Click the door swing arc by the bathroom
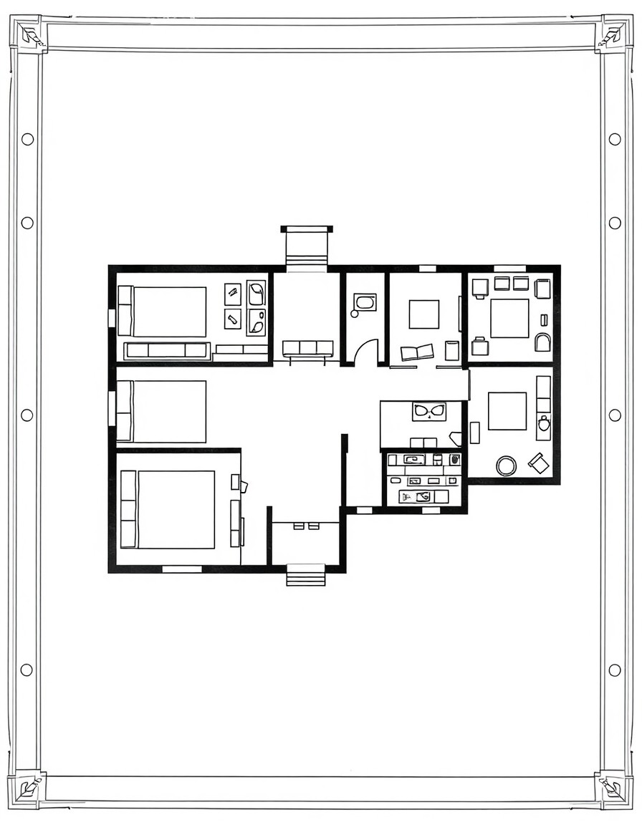366,352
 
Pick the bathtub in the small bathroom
365,302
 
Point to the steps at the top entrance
307,246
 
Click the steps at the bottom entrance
306,575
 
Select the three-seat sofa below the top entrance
307,348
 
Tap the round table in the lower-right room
506,466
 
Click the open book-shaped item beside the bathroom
417,352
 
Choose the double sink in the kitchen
429,411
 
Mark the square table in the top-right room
509,318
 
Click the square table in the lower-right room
507,411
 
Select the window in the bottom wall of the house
182,569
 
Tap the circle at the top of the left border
27,139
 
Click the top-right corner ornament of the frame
612,34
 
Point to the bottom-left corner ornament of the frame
29,788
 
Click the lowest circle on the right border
614,670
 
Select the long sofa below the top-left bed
167,350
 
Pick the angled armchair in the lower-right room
539,463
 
